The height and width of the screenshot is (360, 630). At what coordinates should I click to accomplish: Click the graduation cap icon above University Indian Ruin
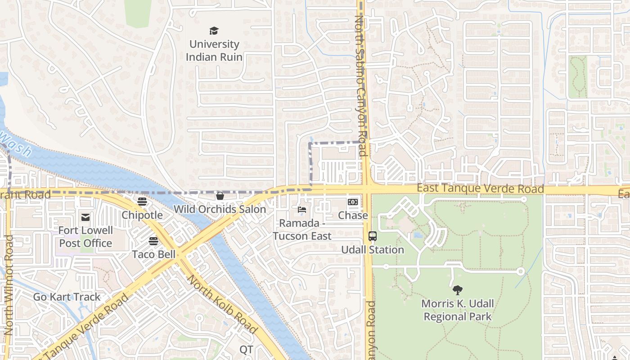[x=214, y=31]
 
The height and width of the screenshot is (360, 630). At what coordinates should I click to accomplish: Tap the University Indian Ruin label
[x=214, y=50]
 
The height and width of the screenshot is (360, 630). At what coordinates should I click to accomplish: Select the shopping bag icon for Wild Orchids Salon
[x=220, y=196]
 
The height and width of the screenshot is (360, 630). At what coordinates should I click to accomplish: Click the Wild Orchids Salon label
[x=220, y=209]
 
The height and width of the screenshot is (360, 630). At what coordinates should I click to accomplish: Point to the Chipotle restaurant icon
[x=142, y=201]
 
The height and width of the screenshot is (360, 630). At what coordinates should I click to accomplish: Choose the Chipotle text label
[x=142, y=215]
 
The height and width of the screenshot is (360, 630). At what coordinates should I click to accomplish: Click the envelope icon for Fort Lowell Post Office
[x=85, y=218]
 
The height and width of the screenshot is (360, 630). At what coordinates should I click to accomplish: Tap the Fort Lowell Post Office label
[x=85, y=237]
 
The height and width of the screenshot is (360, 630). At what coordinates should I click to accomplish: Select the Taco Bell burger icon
[x=153, y=241]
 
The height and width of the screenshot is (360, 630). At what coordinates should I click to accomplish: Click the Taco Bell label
[x=153, y=254]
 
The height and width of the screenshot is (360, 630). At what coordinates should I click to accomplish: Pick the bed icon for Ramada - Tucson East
[x=302, y=210]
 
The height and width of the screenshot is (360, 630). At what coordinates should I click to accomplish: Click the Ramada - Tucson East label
[x=302, y=229]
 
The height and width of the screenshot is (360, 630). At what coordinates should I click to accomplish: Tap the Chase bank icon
[x=353, y=202]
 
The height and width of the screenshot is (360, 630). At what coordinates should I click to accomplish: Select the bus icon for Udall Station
[x=373, y=236]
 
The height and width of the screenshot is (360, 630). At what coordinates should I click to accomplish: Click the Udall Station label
[x=373, y=250]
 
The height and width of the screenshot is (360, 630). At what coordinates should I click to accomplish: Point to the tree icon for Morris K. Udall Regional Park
[x=458, y=290]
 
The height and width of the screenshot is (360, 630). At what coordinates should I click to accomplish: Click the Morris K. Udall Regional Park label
[x=458, y=310]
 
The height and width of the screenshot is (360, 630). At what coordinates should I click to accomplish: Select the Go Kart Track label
[x=67, y=297]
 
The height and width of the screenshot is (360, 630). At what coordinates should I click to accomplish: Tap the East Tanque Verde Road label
[x=480, y=189]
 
